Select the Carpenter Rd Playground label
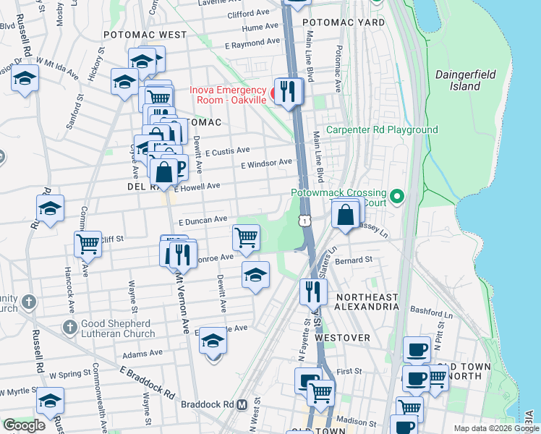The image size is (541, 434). point(382,130)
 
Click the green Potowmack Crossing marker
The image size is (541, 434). point(396,196)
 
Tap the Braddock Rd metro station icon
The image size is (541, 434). point(243,404)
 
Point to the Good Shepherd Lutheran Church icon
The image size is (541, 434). point(69,328)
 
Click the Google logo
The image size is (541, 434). point(24,425)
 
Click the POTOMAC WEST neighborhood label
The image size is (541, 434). point(145,34)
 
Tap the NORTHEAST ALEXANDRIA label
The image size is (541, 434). point(367,302)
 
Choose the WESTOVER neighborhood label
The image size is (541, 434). point(342,338)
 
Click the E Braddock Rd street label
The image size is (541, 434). point(147,383)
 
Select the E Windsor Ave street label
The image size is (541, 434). point(266,164)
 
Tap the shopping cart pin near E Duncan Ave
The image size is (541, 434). point(247,237)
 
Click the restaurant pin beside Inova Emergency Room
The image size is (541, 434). point(289,91)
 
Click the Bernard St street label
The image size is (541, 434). point(354,259)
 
